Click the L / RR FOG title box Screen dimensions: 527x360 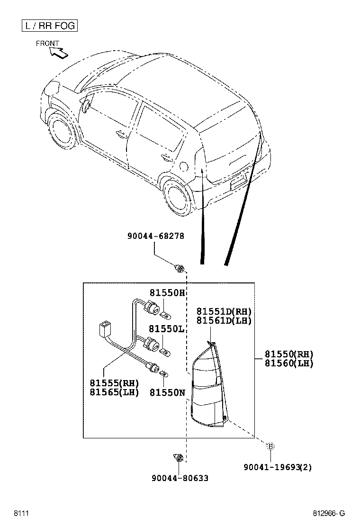point(49,26)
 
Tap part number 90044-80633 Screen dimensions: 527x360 point(180,478)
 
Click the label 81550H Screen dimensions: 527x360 point(166,293)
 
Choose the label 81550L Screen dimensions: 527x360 point(166,329)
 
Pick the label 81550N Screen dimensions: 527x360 point(167,392)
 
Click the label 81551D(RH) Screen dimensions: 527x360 point(224,311)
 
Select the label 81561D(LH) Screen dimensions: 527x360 point(224,321)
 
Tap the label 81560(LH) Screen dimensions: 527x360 point(289,363)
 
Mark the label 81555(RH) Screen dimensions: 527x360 point(114,383)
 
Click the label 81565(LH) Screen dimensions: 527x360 point(114,392)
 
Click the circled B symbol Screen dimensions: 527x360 point(270,446)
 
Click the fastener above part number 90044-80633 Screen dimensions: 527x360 point(178,458)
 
